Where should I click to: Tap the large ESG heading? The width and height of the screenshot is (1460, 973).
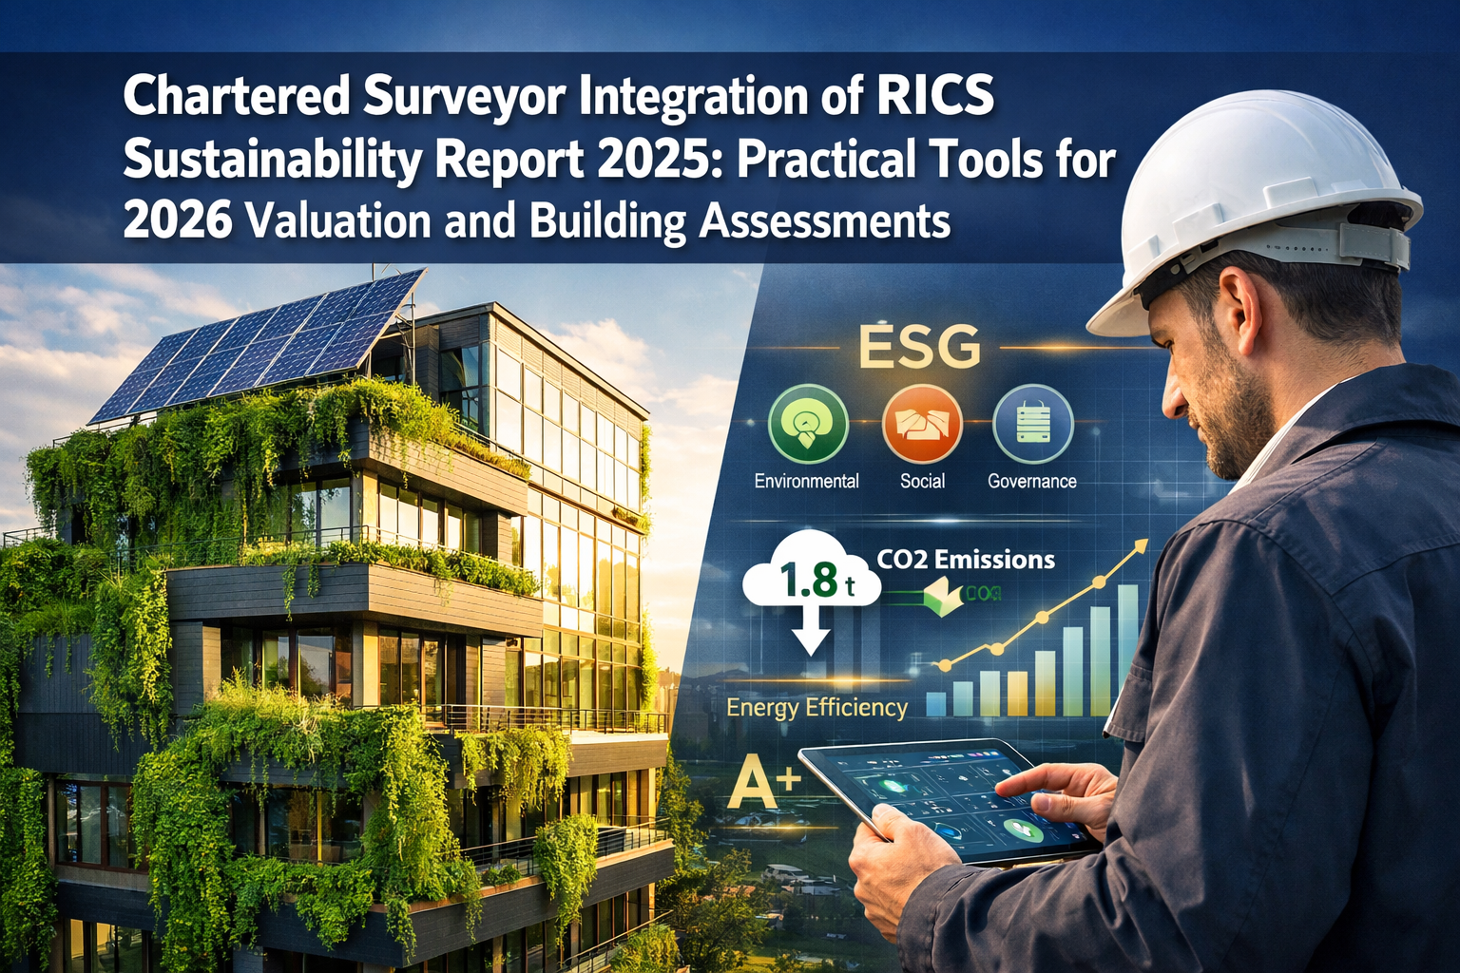point(919,348)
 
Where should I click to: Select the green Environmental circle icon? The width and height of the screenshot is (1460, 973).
point(807,424)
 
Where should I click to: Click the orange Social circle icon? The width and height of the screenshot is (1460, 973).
point(921,424)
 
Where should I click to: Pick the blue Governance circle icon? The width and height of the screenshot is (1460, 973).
point(1032,424)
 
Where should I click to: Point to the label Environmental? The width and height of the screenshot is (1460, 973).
point(806,482)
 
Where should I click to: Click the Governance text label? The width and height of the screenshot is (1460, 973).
point(1031,482)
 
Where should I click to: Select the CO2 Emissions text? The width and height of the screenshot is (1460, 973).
point(966,560)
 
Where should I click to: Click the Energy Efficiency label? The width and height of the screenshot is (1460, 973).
point(816,708)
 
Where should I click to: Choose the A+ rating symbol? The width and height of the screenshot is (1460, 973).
point(763,786)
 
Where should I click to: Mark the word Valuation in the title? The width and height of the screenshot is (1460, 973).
point(322,220)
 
